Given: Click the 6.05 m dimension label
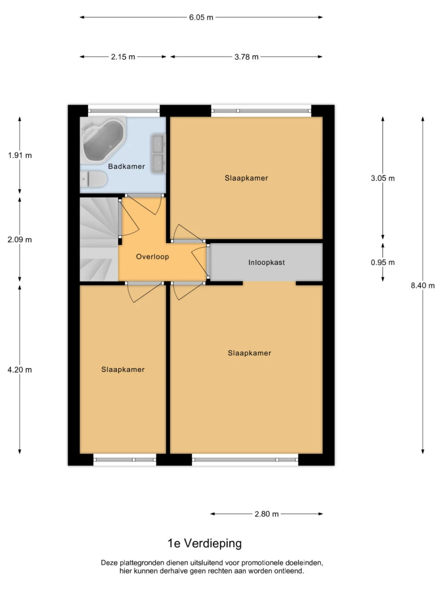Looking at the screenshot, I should [201, 17].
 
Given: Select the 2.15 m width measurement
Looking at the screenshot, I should [123, 57].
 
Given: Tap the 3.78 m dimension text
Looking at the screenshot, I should [246, 57].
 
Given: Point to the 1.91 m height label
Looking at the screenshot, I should [20, 156].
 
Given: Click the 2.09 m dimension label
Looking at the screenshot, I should [20, 240].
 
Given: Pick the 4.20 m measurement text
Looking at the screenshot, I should [20, 370].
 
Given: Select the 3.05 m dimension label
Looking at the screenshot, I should [383, 179].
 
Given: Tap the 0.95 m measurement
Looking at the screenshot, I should [383, 263].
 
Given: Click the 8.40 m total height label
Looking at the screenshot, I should [423, 286].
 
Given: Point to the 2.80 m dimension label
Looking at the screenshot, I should [267, 514].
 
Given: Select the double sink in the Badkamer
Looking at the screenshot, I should [158, 154].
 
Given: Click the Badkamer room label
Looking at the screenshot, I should [126, 167].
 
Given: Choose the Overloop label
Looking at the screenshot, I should [152, 257].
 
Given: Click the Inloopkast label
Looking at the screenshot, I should [267, 263].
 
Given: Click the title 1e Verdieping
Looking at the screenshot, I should [204, 543].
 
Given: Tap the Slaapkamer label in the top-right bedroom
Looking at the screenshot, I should [246, 178].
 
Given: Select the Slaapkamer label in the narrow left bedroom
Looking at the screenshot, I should [123, 370].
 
